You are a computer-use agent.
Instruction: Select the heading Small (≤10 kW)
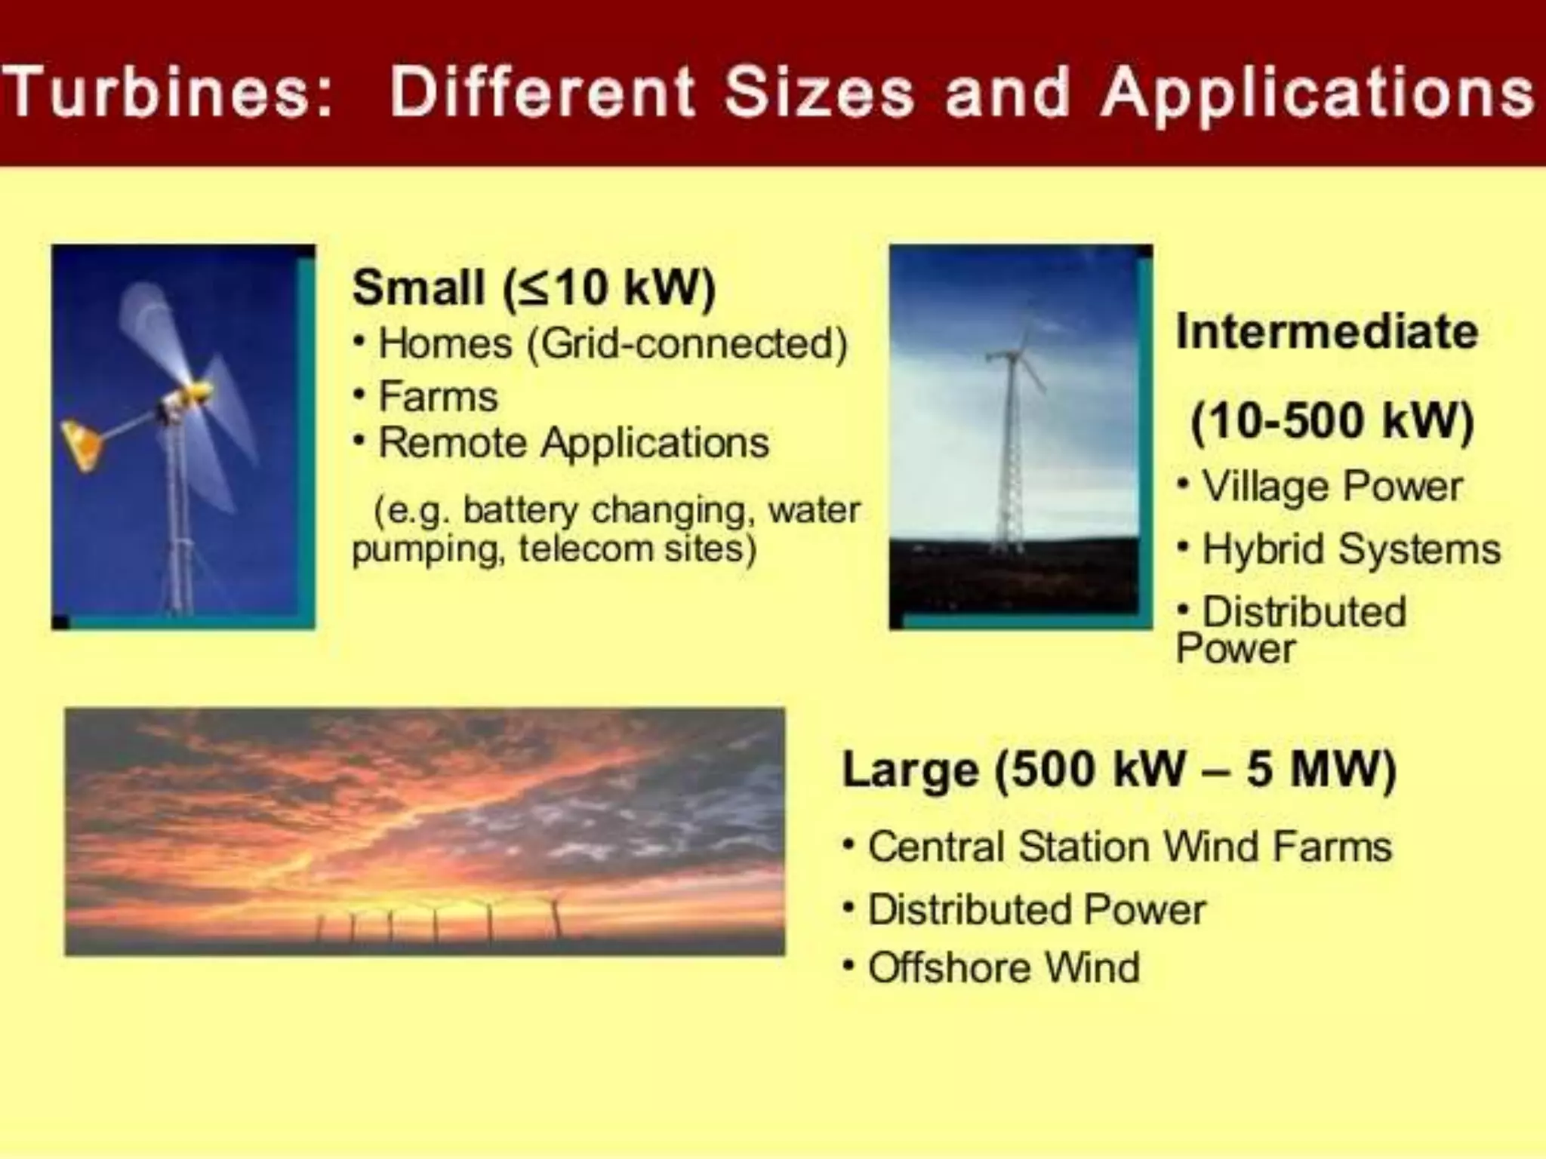(534, 287)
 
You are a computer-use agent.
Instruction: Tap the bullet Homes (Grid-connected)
(612, 344)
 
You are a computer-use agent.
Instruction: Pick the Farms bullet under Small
(438, 397)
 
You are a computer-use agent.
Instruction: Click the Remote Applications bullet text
(573, 443)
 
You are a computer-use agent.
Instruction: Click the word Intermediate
(1326, 331)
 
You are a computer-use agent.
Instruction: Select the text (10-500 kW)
(1332, 420)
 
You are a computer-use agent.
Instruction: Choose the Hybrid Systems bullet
(1350, 549)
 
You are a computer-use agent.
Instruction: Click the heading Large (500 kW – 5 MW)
(1119, 770)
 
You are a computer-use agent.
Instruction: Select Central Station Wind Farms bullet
(1129, 847)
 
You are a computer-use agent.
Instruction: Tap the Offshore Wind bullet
(1003, 967)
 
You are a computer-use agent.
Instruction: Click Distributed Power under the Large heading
(1036, 909)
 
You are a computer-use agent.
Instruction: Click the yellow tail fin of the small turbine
(82, 444)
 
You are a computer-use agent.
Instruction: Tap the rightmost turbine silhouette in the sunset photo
(556, 917)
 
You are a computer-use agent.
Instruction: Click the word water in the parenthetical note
(813, 511)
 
